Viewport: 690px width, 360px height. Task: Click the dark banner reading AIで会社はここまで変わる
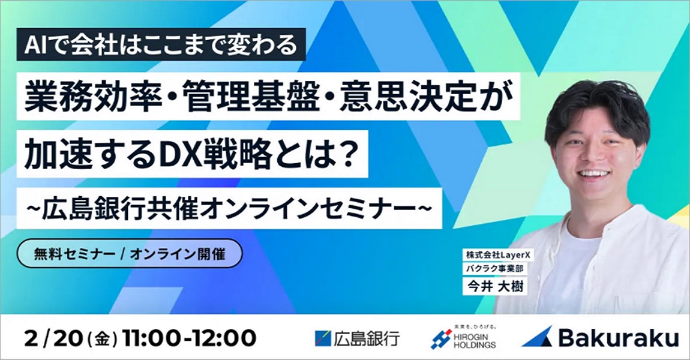point(161,45)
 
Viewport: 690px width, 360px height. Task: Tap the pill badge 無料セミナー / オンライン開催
point(130,254)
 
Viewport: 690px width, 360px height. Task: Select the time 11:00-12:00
point(188,337)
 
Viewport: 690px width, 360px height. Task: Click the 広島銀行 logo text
point(366,338)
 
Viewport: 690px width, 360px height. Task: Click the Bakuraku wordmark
point(619,337)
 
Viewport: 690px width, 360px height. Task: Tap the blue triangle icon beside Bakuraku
point(536,337)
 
